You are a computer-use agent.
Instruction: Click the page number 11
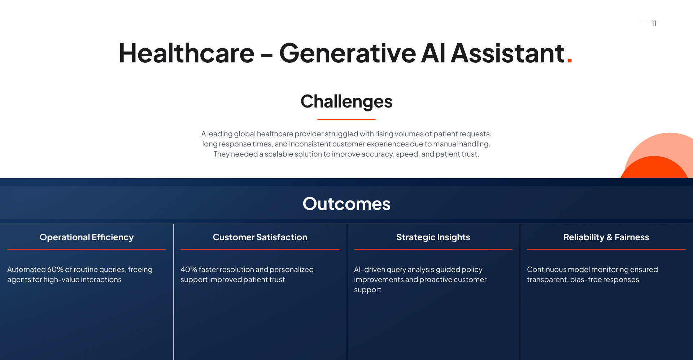(654, 23)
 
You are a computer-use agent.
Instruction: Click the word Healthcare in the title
(186, 53)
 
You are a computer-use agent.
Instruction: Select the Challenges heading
(346, 101)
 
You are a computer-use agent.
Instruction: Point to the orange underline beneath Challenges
(346, 119)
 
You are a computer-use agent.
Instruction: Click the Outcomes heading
(346, 204)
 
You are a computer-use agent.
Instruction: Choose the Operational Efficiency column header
(87, 237)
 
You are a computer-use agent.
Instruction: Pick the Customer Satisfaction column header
(260, 237)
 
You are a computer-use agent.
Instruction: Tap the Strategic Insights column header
(433, 237)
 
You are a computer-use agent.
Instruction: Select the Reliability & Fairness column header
(606, 237)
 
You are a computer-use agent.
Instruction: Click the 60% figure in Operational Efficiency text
(55, 269)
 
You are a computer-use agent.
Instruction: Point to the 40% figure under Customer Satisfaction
(188, 269)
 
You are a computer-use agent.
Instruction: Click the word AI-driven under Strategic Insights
(369, 269)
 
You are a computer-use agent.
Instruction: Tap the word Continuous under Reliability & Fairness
(546, 269)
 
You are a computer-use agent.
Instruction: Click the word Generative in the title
(347, 53)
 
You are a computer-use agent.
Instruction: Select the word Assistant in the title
(507, 53)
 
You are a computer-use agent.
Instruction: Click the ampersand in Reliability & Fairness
(609, 237)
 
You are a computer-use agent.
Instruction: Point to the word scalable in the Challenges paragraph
(279, 154)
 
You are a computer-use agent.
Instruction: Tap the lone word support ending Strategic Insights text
(367, 290)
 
